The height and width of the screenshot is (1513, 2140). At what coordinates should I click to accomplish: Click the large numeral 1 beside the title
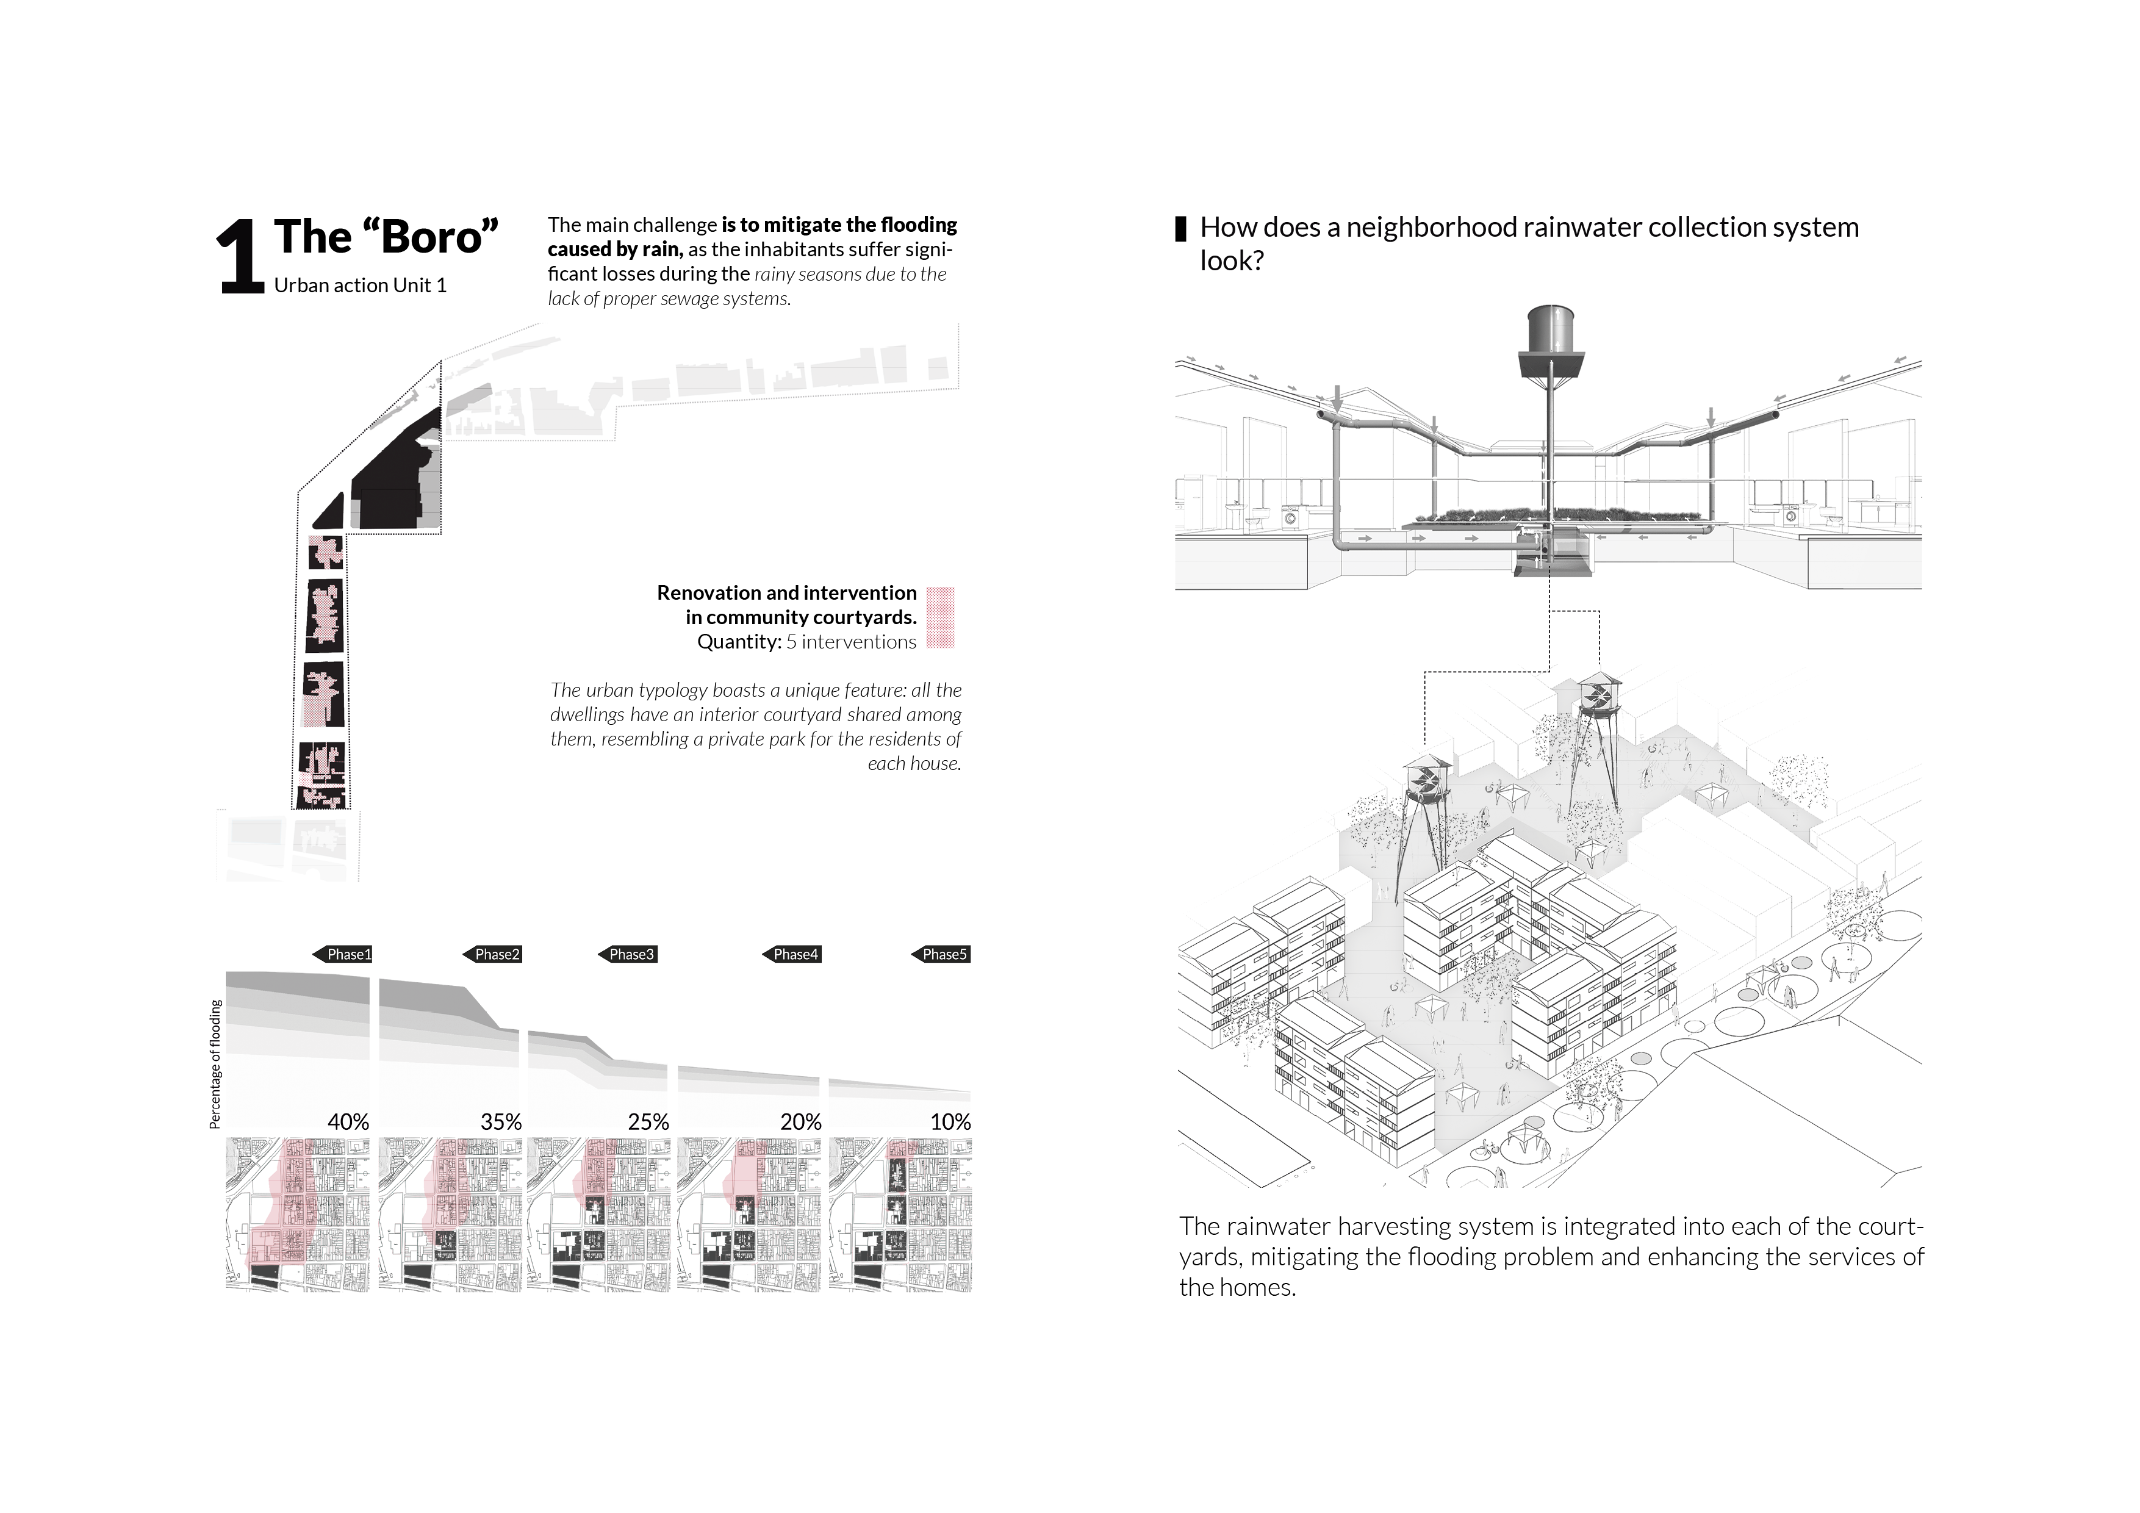240,258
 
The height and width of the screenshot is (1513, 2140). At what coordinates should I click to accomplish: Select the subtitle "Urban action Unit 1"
360,286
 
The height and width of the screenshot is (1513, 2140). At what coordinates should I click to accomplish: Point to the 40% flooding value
348,1121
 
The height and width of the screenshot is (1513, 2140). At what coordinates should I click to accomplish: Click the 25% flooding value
648,1121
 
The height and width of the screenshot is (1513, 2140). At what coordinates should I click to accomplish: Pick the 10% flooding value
950,1121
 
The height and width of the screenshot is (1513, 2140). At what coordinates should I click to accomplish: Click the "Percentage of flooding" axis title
215,1063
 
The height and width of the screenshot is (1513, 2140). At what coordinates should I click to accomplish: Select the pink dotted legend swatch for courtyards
941,617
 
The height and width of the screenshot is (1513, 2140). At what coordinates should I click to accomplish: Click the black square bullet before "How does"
1181,228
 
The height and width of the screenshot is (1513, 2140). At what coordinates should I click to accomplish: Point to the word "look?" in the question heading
1231,261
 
